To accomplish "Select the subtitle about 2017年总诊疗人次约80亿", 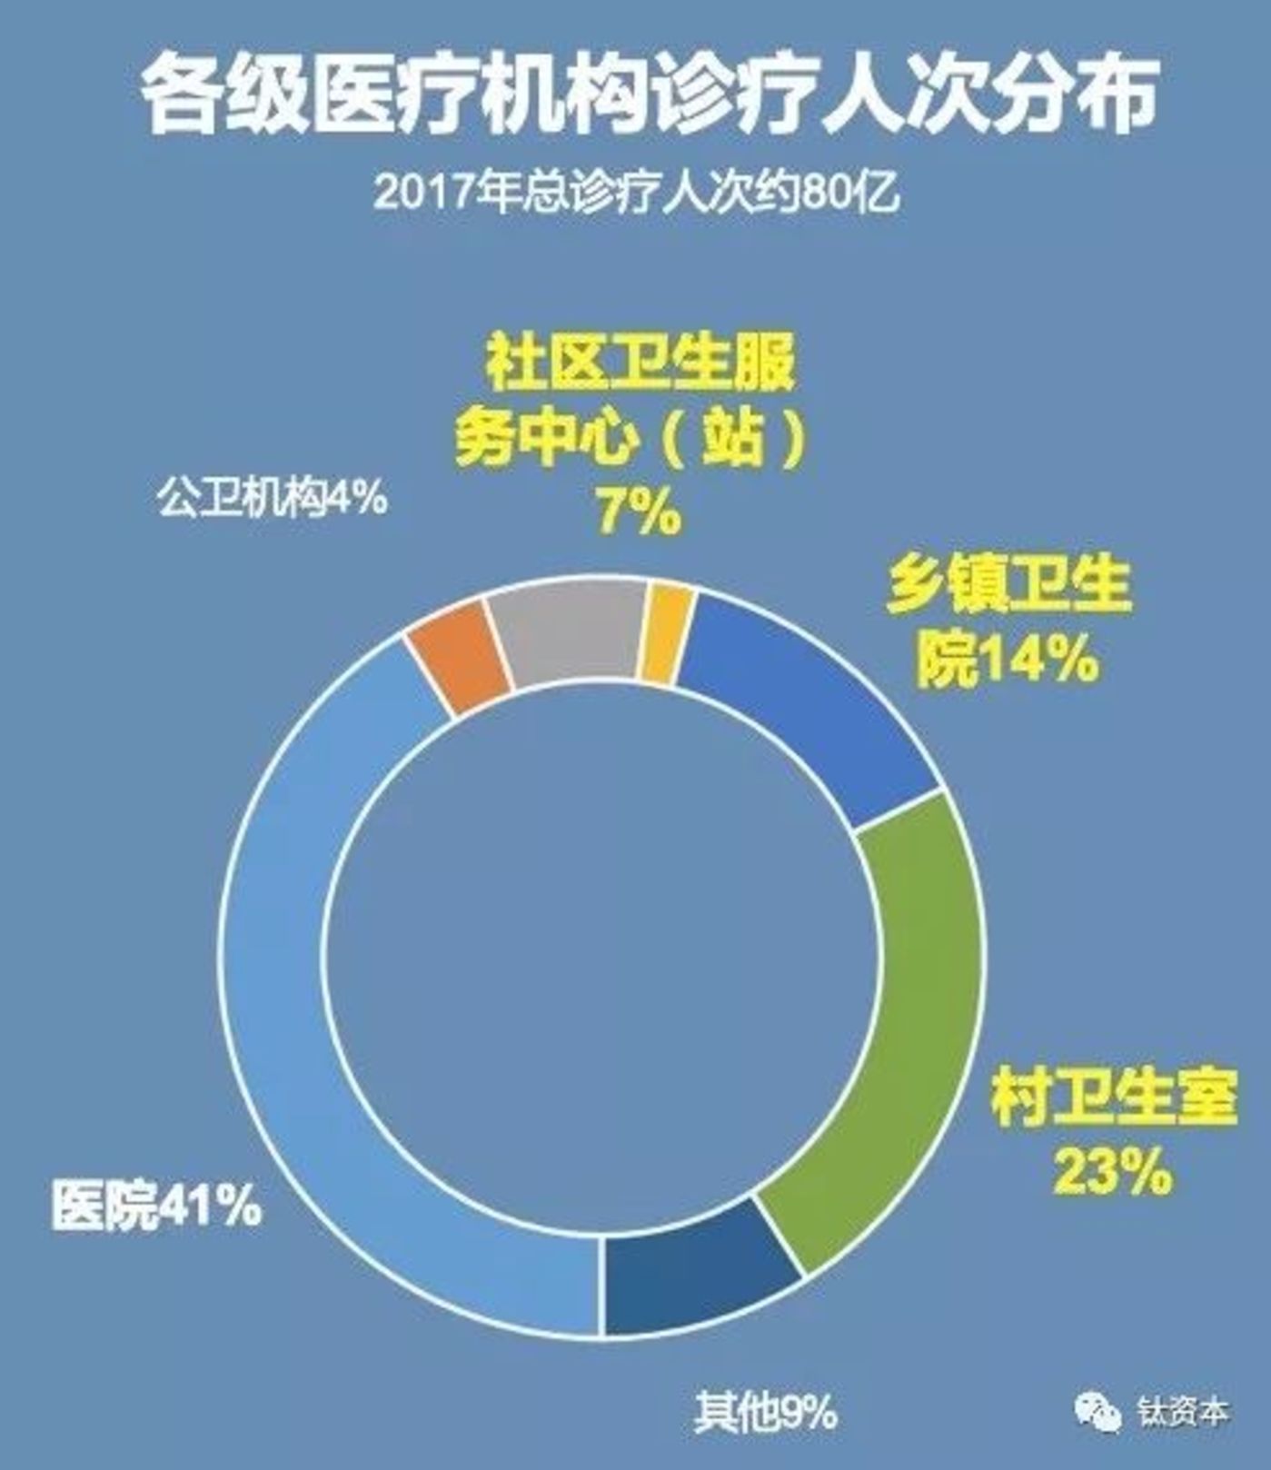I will (636, 193).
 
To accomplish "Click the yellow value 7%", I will (638, 513).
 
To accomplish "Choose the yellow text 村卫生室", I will (1114, 1098).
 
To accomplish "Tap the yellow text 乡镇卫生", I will (1008, 589).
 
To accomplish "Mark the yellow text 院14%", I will (1007, 660).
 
